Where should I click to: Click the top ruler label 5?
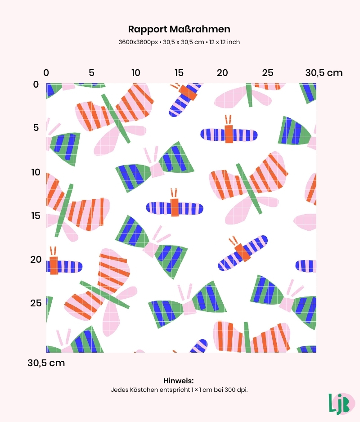point(91,73)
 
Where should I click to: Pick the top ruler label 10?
point(135,73)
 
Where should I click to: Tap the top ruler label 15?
point(179,73)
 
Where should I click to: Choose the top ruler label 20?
point(223,73)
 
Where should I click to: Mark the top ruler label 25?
point(268,73)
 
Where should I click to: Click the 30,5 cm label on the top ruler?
point(324,73)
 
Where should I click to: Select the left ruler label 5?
point(36,128)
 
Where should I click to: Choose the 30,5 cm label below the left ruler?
point(46,363)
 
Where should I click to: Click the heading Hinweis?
point(179,381)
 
